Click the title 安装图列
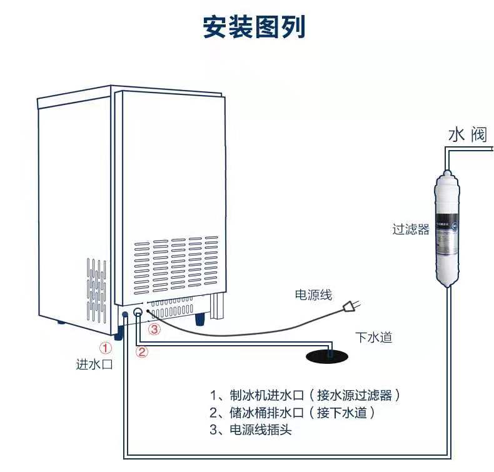(254, 28)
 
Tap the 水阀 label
(467, 134)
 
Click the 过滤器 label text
(411, 229)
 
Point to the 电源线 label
(313, 295)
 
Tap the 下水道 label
(374, 338)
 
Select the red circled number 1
(106, 348)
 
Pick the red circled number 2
(143, 351)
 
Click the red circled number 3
(154, 327)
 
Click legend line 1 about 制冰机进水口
(305, 395)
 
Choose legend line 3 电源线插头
(251, 430)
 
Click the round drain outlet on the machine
(138, 313)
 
